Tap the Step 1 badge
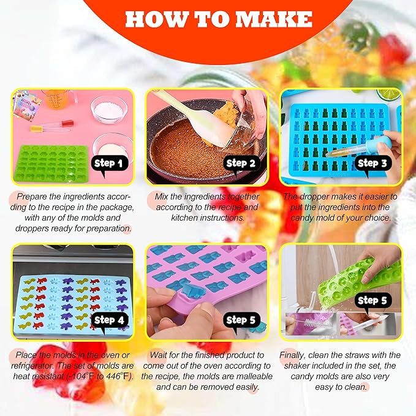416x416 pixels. point(108,164)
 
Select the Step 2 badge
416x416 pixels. point(240,164)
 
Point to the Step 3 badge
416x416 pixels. point(372,164)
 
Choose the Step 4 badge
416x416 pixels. point(109,320)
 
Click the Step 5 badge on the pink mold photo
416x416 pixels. point(240,320)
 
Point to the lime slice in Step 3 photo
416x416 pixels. point(389,94)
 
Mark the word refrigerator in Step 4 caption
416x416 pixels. point(33,366)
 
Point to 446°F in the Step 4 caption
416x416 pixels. point(118,376)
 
